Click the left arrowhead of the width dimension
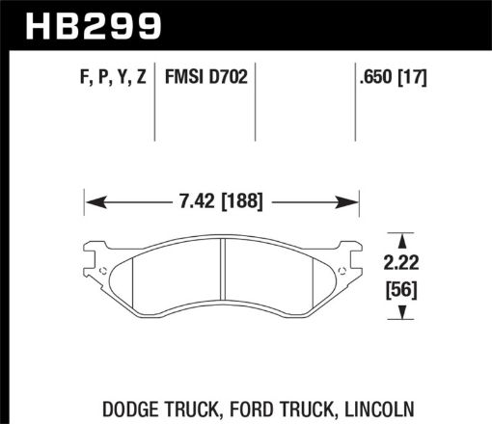(x=93, y=202)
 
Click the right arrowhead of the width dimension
(x=353, y=202)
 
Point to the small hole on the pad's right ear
(x=343, y=267)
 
